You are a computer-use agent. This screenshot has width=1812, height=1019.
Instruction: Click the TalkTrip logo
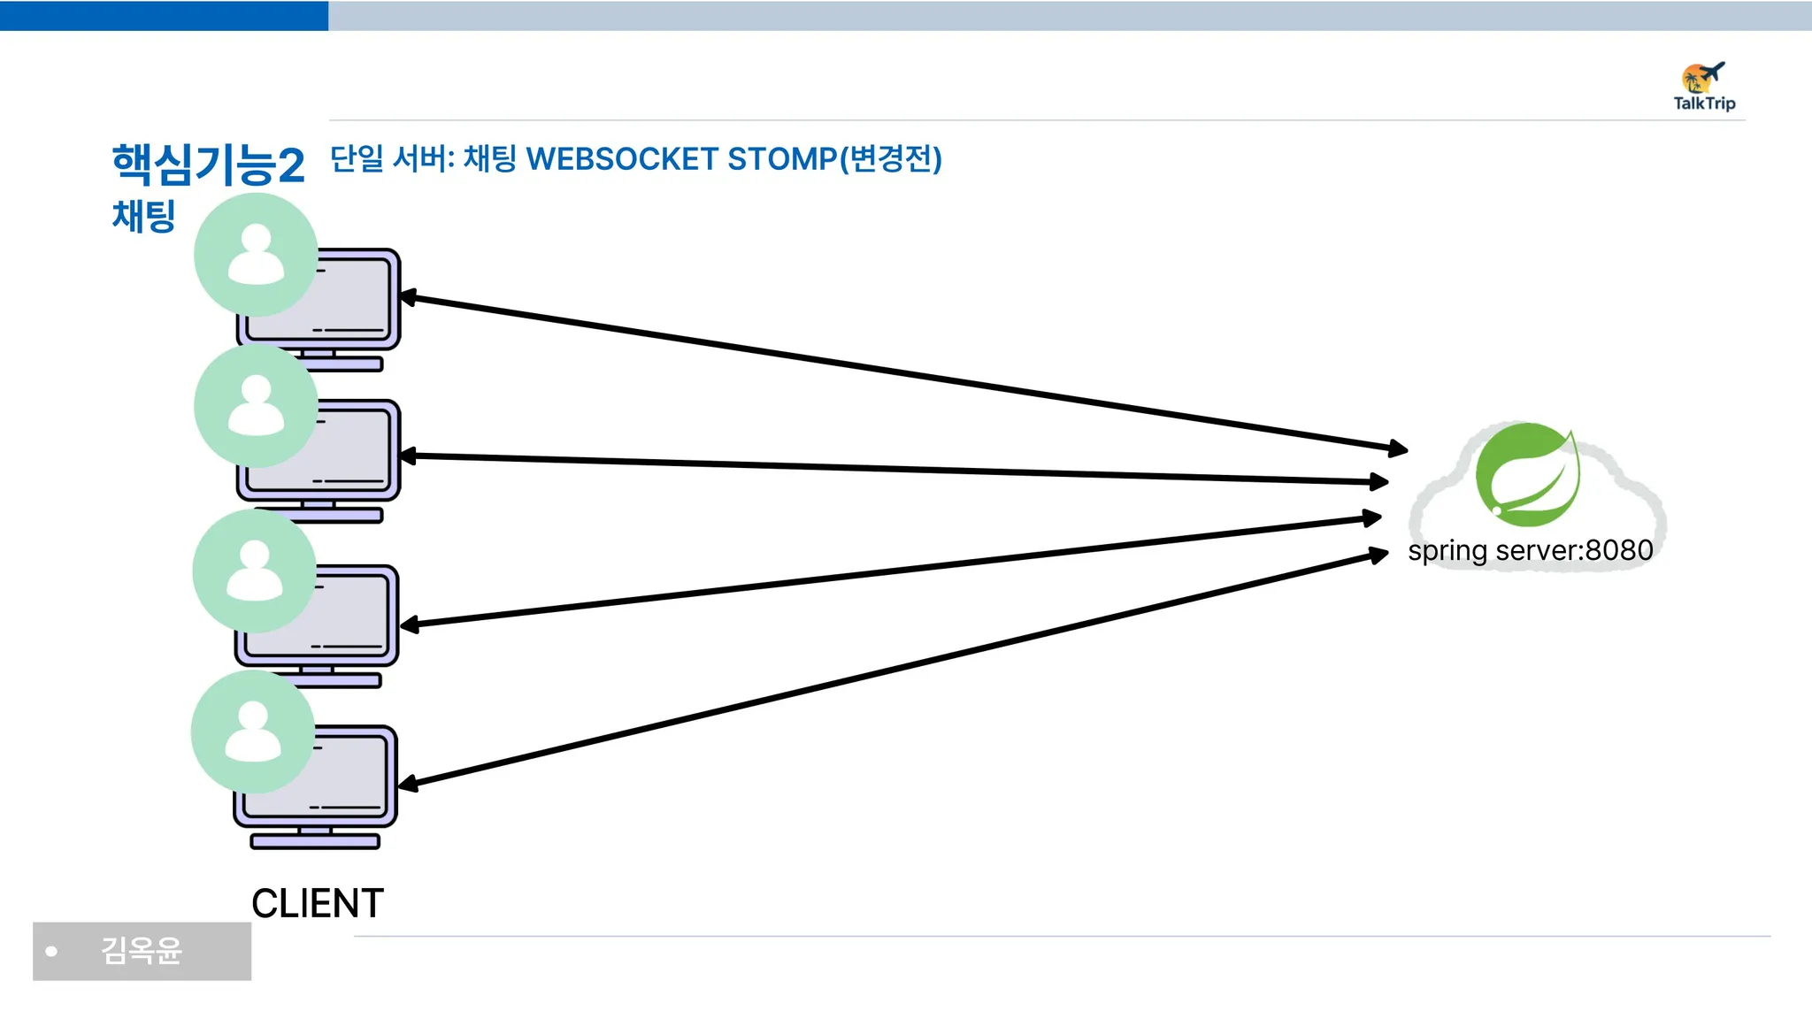(1704, 87)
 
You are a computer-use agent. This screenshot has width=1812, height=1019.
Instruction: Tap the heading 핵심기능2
(208, 165)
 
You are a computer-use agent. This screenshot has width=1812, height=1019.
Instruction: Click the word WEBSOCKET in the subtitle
(621, 159)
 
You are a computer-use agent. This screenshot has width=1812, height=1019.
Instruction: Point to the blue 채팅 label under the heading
(143, 217)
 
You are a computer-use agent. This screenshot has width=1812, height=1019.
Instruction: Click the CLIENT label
(317, 903)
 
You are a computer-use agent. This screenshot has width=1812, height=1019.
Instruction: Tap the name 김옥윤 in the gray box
(142, 951)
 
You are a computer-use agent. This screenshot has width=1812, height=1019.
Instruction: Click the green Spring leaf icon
(1527, 474)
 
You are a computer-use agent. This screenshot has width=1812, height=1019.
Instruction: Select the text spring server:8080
(1530, 550)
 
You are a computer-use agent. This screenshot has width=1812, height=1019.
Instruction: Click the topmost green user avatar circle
(256, 255)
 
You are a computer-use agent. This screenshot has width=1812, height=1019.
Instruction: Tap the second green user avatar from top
(256, 406)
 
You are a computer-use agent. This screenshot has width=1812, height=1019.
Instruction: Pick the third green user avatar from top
(255, 571)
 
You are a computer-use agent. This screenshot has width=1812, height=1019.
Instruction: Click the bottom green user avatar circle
(253, 732)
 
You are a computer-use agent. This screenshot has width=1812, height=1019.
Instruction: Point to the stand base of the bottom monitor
(315, 841)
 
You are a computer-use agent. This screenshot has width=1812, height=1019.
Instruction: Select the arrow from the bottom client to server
(894, 669)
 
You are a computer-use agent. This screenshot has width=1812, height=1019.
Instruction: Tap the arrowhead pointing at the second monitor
(408, 456)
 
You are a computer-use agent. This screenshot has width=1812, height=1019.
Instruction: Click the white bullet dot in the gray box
(51, 952)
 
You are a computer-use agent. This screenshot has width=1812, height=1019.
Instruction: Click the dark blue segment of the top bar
(164, 15)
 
